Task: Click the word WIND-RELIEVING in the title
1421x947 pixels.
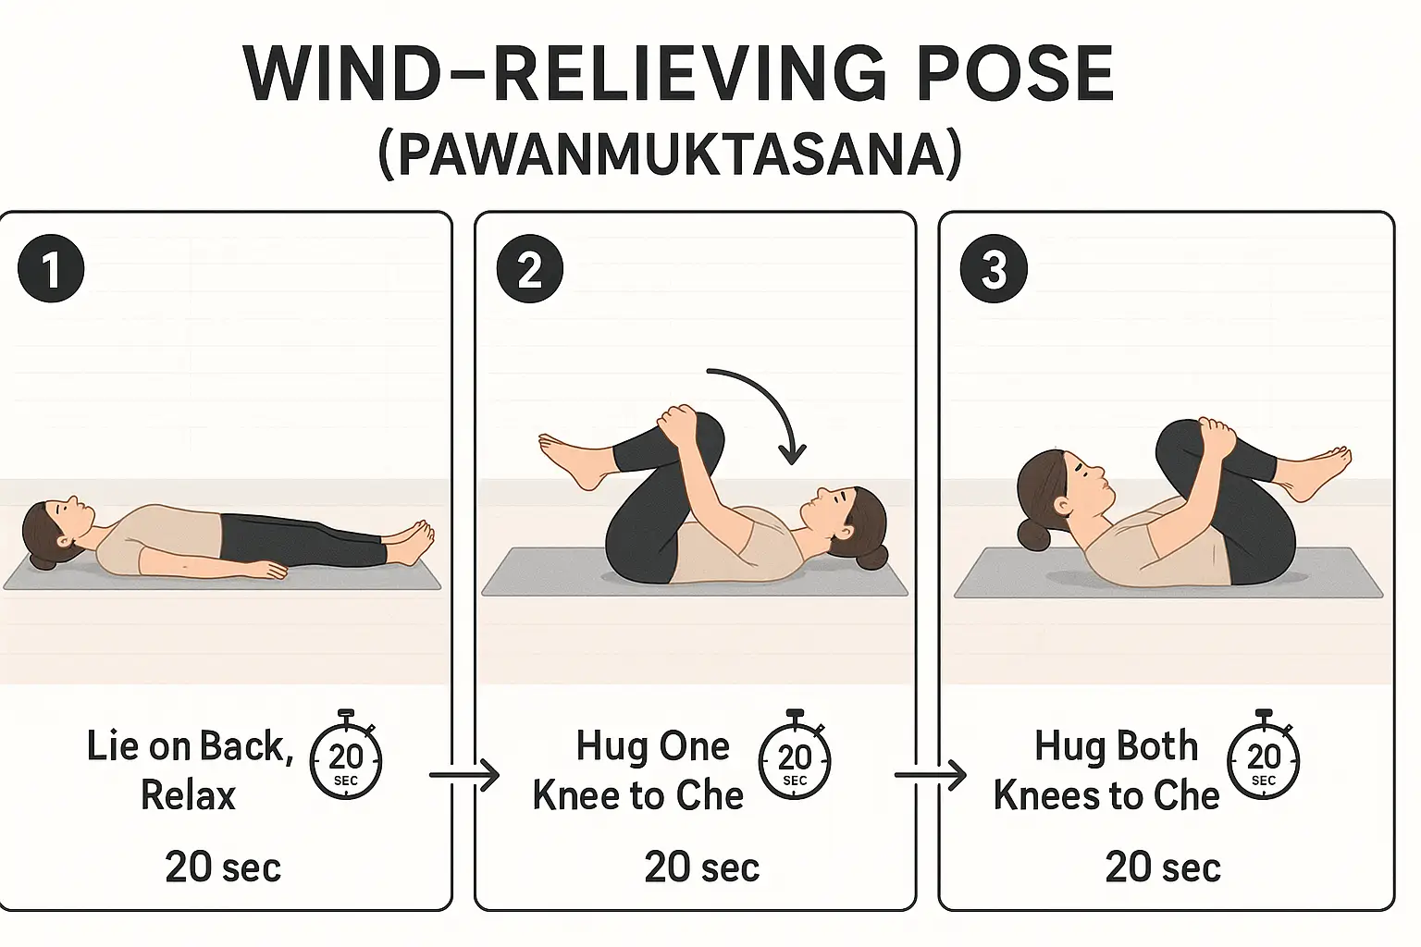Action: [x=518, y=74]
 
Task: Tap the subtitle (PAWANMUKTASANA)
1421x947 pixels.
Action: [x=671, y=154]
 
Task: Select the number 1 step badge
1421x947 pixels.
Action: [x=51, y=270]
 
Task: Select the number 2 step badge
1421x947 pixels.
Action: [x=529, y=270]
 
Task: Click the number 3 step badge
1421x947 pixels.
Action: [x=994, y=270]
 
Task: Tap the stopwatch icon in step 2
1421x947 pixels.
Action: [x=794, y=758]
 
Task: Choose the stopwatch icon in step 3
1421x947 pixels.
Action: [x=1263, y=758]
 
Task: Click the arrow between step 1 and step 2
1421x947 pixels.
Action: [x=464, y=775]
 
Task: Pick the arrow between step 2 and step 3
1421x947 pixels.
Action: [x=930, y=775]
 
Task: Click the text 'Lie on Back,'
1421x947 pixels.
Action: [x=190, y=746]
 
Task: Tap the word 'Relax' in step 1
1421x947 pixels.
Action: [x=188, y=795]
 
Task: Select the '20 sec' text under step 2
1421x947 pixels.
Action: [x=701, y=867]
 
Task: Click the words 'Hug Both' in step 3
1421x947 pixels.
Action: [x=1116, y=746]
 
